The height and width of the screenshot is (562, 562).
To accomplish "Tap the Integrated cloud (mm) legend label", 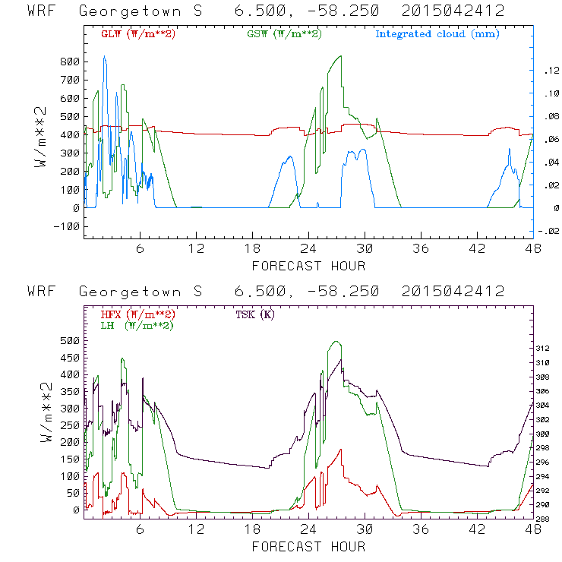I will coord(437,34).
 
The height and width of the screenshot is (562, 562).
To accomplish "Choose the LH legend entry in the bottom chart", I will coord(137,325).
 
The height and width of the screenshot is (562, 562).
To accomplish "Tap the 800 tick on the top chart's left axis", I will coord(70,62).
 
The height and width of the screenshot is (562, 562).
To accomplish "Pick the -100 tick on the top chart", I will coord(66,226).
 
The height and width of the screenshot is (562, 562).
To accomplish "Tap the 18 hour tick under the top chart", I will coord(252,249).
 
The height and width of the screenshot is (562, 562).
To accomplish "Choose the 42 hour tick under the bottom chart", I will coord(477,530).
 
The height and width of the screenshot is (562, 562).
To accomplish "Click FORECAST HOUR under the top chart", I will coord(308,266).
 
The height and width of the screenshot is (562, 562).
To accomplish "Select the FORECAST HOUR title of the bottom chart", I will coord(308,547).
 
